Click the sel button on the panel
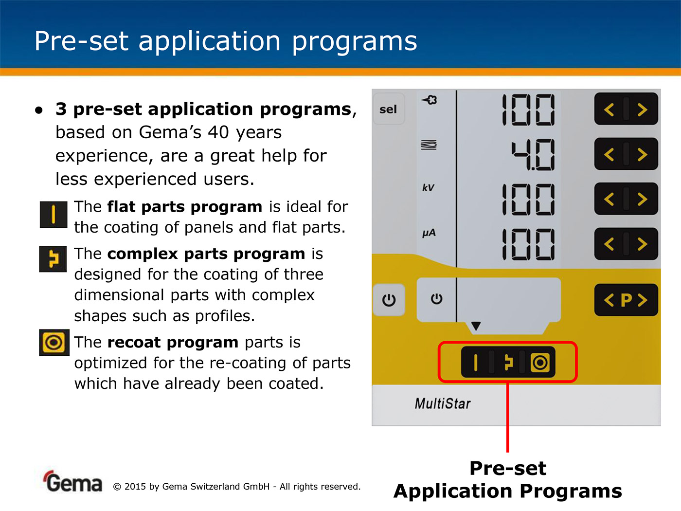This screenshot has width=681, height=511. point(389,109)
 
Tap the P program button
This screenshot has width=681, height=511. point(626,300)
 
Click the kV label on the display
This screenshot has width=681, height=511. point(428,188)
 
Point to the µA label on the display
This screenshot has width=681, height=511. point(429,233)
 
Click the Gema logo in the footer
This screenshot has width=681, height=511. point(72,481)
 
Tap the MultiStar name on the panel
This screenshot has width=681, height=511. point(443,403)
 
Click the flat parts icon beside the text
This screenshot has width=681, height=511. point(54,215)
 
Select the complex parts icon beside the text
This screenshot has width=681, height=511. point(53,259)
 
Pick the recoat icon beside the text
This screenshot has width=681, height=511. point(54,343)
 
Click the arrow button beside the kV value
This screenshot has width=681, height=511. point(626,199)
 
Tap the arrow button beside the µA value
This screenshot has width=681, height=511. point(626,244)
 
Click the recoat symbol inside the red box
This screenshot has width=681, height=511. point(540,363)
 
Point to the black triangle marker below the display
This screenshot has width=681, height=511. point(476,326)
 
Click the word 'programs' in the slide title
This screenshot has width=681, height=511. point(355,42)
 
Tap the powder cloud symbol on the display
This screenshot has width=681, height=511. point(429,100)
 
